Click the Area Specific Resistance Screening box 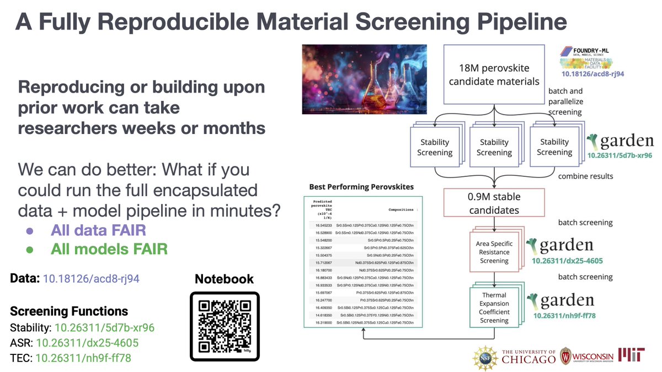494,252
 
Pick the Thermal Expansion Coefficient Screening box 494,308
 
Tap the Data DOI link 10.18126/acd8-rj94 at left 92,279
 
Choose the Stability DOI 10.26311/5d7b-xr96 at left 104,327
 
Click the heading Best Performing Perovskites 361,187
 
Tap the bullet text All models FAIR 109,249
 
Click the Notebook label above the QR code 224,279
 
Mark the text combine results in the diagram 585,176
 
